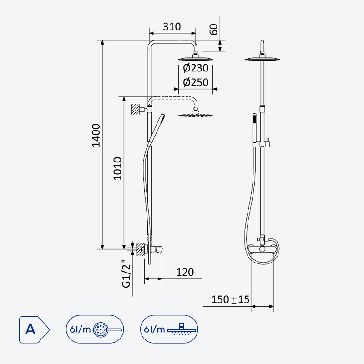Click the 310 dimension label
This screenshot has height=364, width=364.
pyautogui.click(x=172, y=27)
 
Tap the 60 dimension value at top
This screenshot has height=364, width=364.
pyautogui.click(x=213, y=29)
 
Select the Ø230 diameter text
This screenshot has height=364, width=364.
pyautogui.click(x=196, y=68)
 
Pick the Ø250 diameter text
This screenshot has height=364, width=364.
pyautogui.click(x=196, y=82)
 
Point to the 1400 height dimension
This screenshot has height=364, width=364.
pyautogui.click(x=96, y=135)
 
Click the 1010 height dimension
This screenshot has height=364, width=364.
pyautogui.click(x=117, y=168)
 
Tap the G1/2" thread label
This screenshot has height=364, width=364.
pyautogui.click(x=126, y=274)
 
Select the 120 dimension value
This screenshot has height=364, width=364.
pyautogui.click(x=185, y=272)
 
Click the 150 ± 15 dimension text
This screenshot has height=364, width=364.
pyautogui.click(x=230, y=299)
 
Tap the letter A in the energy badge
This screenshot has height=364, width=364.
pyautogui.click(x=30, y=329)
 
